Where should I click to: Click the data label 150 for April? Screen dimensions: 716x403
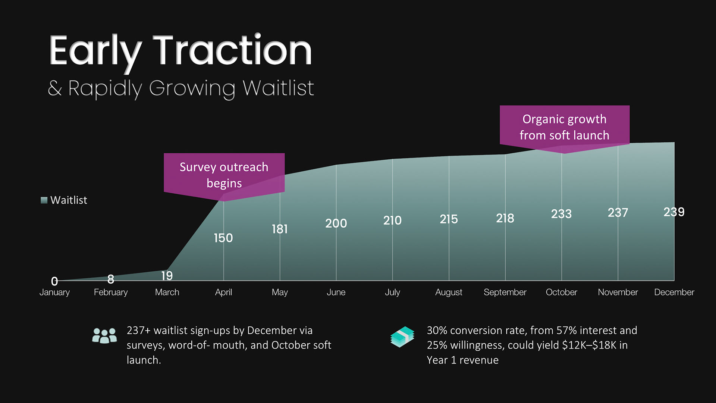223,238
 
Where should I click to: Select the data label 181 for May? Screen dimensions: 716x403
280,229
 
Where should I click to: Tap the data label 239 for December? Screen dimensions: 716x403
674,212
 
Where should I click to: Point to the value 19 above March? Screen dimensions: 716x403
167,276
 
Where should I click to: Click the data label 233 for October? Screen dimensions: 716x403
561,214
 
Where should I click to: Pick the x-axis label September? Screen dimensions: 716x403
505,292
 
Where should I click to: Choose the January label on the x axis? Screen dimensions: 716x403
54,292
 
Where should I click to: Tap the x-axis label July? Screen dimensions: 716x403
392,292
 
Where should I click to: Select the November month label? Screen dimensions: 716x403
618,292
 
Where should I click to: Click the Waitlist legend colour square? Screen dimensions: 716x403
44,200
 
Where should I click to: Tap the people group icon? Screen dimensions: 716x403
104,336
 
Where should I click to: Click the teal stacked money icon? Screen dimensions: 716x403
402,337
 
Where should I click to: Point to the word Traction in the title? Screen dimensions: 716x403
232,50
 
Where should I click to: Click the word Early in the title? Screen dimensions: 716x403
95,52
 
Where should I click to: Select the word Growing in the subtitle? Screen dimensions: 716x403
192,88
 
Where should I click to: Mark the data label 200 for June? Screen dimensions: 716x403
336,224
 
